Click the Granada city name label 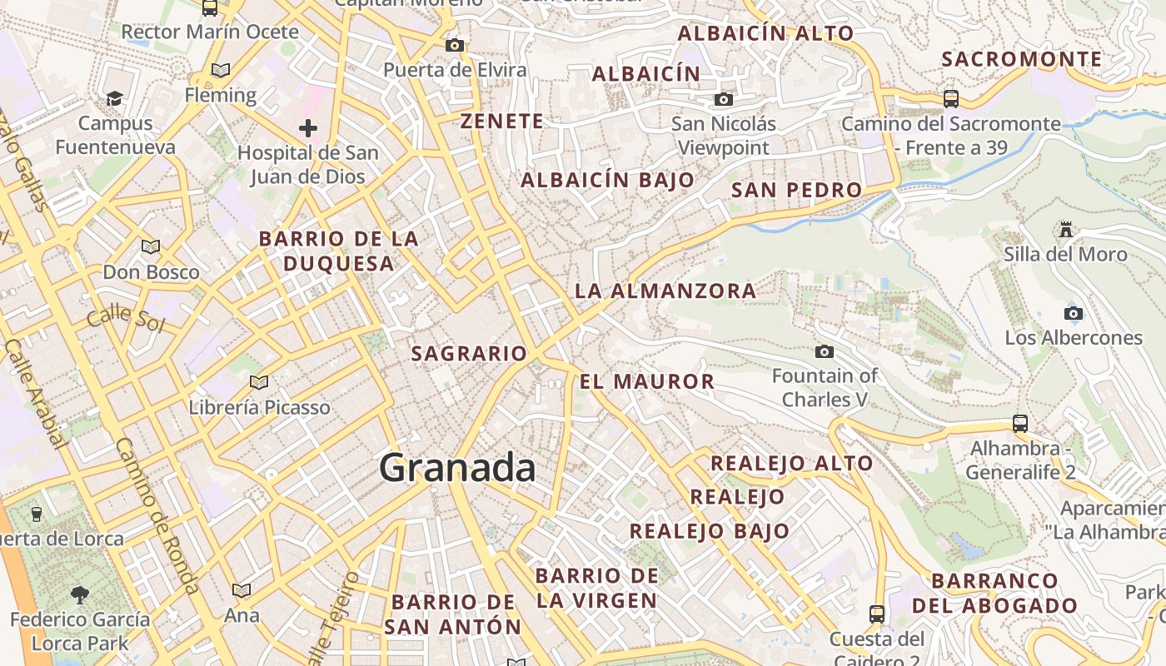(457, 468)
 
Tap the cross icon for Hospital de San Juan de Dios (308, 128)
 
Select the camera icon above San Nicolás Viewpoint (724, 100)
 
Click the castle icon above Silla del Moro (1065, 229)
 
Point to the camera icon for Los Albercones (1074, 313)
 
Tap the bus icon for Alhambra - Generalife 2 (1020, 423)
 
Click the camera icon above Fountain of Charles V (825, 351)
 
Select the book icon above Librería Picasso (259, 382)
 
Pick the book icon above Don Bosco (151, 246)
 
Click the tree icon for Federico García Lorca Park (80, 594)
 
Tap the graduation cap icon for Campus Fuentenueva (114, 98)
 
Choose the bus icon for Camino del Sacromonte (951, 98)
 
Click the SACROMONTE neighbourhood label (1022, 59)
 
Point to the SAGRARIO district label (470, 353)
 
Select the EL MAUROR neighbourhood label (647, 381)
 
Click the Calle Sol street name (126, 318)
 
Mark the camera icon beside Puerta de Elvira (454, 45)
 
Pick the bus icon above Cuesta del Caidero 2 (876, 614)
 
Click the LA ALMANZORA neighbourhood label (665, 291)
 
